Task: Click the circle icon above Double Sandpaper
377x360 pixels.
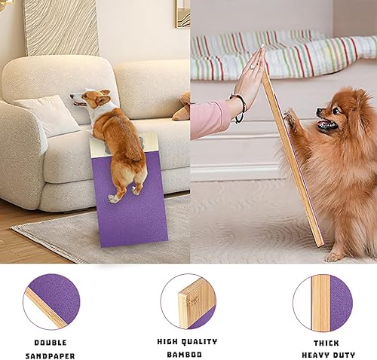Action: (x=51, y=301)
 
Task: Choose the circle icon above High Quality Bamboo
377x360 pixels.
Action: (x=188, y=301)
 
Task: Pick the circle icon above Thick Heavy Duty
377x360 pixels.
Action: (x=322, y=301)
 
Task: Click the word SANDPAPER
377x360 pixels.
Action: (x=51, y=355)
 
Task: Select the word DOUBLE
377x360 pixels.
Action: (x=51, y=342)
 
